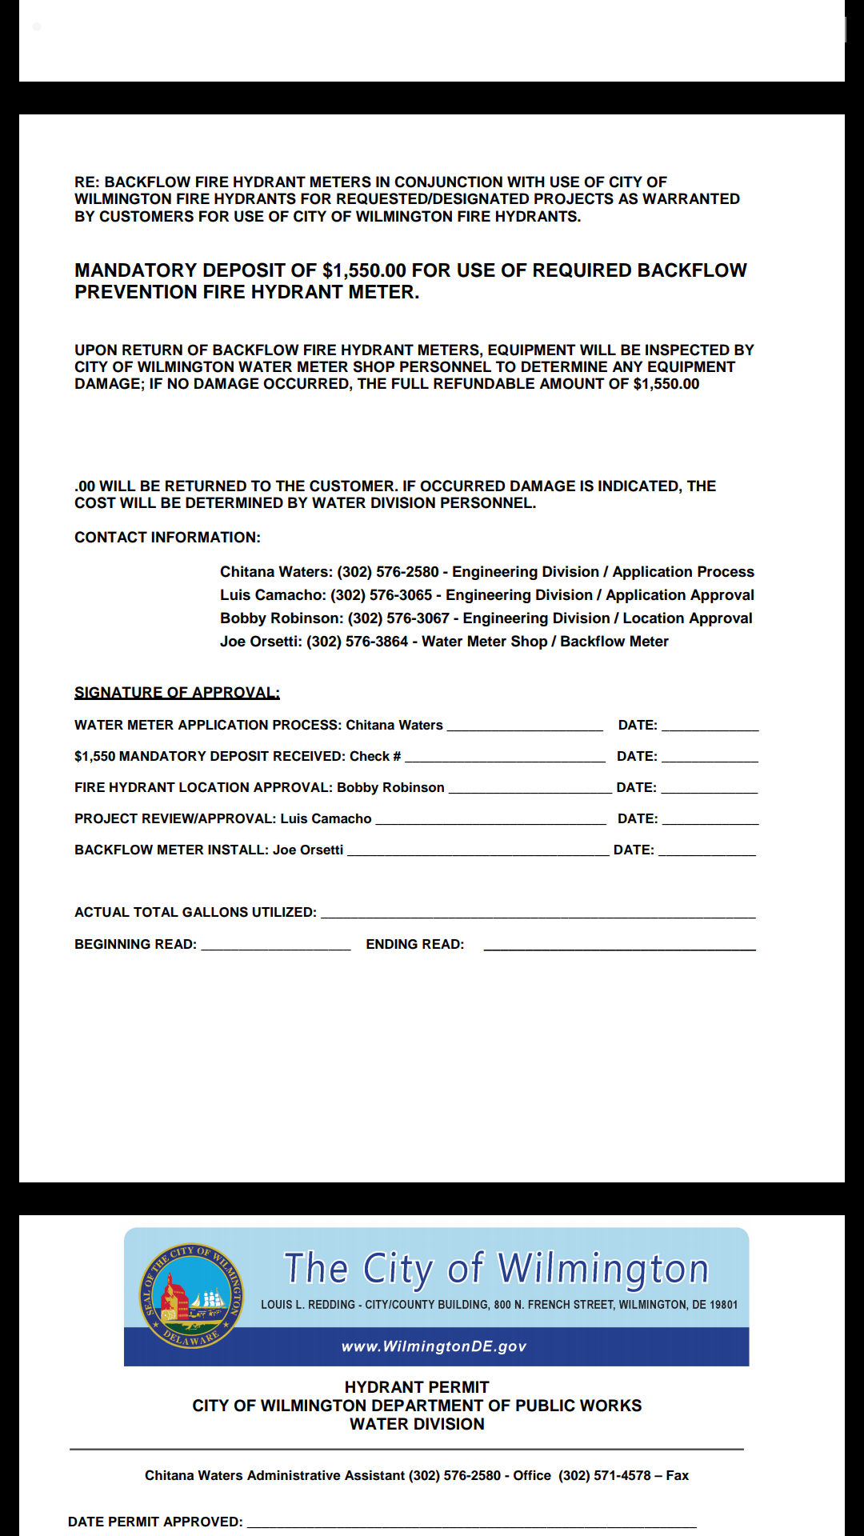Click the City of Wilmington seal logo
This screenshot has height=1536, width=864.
pyautogui.click(x=191, y=1295)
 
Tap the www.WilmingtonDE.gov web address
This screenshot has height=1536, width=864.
pyautogui.click(x=434, y=1346)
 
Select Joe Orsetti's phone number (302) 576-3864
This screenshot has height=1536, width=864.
pyautogui.click(x=358, y=642)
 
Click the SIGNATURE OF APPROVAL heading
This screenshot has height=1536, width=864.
pyautogui.click(x=177, y=693)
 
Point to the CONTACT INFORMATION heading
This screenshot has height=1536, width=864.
pyautogui.click(x=167, y=538)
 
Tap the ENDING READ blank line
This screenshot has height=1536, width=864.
pyautogui.click(x=619, y=946)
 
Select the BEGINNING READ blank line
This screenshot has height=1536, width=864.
pyautogui.click(x=276, y=946)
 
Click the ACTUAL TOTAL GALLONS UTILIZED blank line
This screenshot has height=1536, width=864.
pyautogui.click(x=538, y=914)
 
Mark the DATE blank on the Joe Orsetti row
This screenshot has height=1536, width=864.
pyautogui.click(x=706, y=851)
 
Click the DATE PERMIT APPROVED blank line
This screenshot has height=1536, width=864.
pyautogui.click(x=471, y=1523)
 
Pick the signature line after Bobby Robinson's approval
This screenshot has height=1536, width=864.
pyautogui.click(x=530, y=789)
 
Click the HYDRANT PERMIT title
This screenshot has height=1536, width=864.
pyautogui.click(x=417, y=1387)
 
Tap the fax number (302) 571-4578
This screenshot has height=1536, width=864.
pyautogui.click(x=605, y=1475)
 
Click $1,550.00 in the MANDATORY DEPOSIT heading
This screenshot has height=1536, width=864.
pyautogui.click(x=364, y=270)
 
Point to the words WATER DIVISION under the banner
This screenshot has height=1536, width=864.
pyautogui.click(x=417, y=1424)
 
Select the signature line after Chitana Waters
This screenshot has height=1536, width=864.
pyautogui.click(x=525, y=726)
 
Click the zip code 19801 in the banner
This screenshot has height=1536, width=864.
pyautogui.click(x=723, y=1304)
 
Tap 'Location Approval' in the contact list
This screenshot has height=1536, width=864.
pyautogui.click(x=687, y=618)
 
